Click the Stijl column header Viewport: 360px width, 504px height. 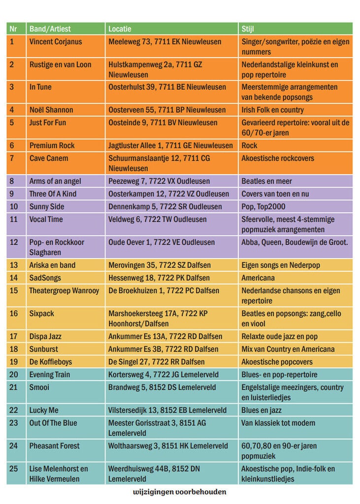tap(248, 29)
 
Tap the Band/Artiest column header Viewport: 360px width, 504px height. tap(50, 29)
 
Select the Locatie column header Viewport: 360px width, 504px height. tap(120, 29)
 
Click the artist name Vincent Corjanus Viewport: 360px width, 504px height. tap(56, 42)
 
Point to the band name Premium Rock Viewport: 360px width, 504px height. tap(52, 146)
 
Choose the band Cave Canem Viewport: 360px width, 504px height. tap(49, 158)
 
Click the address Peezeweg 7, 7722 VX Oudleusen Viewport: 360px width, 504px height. tap(159, 181)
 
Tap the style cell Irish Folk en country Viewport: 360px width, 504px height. tap(272, 110)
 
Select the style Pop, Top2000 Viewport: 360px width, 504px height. tap(263, 207)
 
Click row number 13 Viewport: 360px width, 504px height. tap(13, 265)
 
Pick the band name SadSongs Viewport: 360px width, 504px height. tap(45, 278)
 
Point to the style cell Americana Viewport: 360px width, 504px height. tap(258, 278)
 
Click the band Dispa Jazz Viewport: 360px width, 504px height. tap(45, 337)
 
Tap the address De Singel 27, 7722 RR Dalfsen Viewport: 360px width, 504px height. tap(156, 362)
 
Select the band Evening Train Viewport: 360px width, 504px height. tap(50, 375)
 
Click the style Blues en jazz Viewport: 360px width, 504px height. tap(261, 410)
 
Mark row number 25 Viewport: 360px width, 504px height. tap(13, 469)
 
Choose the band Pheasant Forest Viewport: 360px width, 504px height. tap(54, 446)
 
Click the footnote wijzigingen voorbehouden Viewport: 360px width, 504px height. tap(180, 492)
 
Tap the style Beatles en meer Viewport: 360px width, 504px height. tap(267, 181)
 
